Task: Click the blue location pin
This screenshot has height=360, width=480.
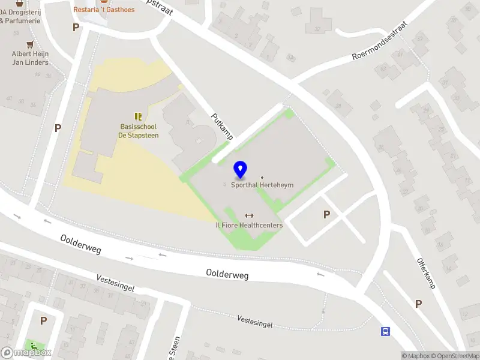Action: pos(240,170)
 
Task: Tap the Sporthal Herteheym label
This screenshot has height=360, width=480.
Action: pos(262,185)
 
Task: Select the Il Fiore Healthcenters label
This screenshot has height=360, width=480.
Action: pos(249,225)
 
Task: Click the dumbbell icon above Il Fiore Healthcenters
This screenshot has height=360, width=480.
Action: pos(250,215)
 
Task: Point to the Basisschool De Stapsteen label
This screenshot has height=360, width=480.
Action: pos(138,131)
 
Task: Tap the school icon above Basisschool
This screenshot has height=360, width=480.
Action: pos(138,116)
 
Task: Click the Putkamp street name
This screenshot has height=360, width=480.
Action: pos(221,126)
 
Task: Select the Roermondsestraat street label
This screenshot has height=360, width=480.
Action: pos(379,41)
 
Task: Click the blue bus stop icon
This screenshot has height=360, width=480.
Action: pos(385,331)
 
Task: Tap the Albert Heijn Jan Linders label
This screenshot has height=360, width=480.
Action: pos(30,58)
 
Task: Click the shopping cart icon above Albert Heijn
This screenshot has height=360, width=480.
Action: pos(30,44)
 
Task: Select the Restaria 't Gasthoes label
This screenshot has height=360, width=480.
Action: pos(104,10)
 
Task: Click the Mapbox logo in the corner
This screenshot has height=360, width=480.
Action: pos(26,352)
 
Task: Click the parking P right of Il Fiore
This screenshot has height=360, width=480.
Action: pos(327,214)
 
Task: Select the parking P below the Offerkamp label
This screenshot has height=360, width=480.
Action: pos(418,304)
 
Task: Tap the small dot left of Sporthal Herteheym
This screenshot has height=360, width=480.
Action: pos(226,185)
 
